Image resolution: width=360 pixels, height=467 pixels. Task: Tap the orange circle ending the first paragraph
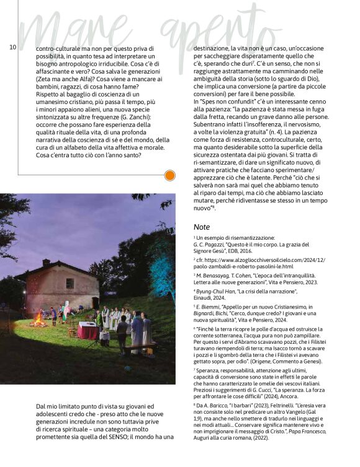click(169, 176)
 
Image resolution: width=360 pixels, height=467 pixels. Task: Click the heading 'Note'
click(202, 227)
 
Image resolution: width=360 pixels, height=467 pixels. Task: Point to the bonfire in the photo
click(38, 321)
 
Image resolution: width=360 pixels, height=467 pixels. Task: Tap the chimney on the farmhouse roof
click(46, 263)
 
